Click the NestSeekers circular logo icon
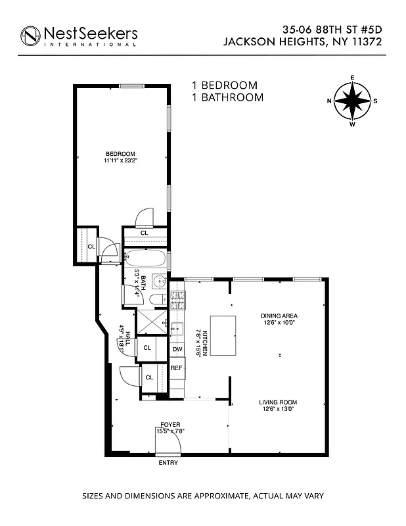coord(31,36)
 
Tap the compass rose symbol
coord(353,101)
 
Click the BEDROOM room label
coord(120,154)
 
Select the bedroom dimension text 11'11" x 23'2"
coord(120,160)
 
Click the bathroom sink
coord(159,281)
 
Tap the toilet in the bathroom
coord(158,300)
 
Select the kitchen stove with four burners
coord(177,302)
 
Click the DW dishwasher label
coord(177,349)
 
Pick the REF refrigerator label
coord(177,368)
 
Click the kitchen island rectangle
coord(222,335)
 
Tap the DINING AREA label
coord(279,316)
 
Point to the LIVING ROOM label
coord(279,402)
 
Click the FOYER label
coord(170,425)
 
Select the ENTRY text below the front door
coord(168,463)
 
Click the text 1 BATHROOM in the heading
coord(227,97)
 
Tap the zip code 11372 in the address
coord(365,41)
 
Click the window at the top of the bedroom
coord(132,85)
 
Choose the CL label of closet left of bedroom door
coord(91,247)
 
